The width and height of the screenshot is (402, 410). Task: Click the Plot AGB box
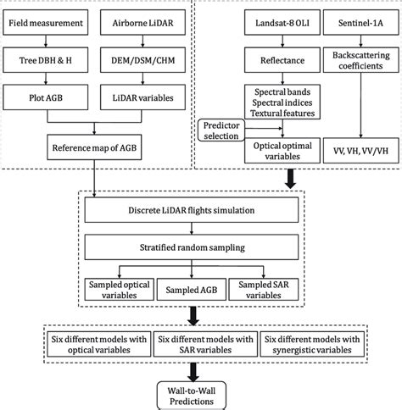click(x=51, y=97)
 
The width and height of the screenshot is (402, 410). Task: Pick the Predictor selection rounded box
click(x=223, y=130)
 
